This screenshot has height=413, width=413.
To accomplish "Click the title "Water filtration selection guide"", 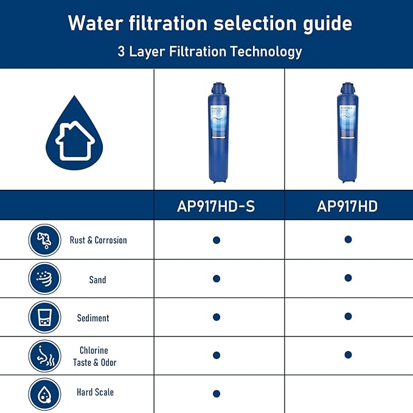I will pyautogui.click(x=210, y=23).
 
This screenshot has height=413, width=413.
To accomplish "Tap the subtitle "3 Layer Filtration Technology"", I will pyautogui.click(x=210, y=52).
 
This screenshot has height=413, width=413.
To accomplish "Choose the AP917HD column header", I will pyautogui.click(x=347, y=206).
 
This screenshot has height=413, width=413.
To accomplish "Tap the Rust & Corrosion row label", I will pyautogui.click(x=98, y=240).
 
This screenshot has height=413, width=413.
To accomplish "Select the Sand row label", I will pyautogui.click(x=97, y=280).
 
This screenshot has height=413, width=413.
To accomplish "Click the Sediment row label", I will pyautogui.click(x=93, y=318).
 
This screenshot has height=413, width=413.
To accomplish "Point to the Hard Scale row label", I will pyautogui.click(x=95, y=392).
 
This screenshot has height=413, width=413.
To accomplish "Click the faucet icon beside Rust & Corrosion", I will pyautogui.click(x=44, y=240).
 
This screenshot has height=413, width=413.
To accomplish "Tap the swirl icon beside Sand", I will pyautogui.click(x=44, y=279).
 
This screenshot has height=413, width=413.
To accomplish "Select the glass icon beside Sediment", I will pyautogui.click(x=44, y=318).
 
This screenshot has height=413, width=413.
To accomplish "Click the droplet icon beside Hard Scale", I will pyautogui.click(x=44, y=394).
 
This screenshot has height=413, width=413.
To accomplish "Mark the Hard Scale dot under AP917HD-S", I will pyautogui.click(x=217, y=394).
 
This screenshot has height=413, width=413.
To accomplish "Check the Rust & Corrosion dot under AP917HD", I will pyautogui.click(x=348, y=240).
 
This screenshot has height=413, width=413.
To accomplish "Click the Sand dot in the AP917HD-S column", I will pyautogui.click(x=217, y=279).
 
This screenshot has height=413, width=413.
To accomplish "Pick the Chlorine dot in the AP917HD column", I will pyautogui.click(x=348, y=355).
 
